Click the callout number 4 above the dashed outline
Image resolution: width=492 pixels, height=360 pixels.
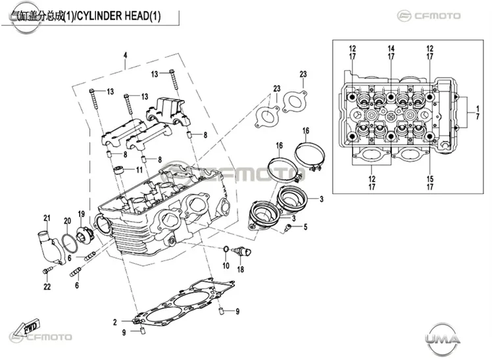(x=125, y=55)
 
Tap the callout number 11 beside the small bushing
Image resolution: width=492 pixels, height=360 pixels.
(x=139, y=170)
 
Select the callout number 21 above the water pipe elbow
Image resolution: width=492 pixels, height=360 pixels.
(x=47, y=218)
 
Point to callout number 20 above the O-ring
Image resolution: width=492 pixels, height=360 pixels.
(x=68, y=221)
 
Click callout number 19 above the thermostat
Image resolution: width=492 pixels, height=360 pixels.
(x=82, y=214)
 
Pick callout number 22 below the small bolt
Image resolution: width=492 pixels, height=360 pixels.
(x=47, y=286)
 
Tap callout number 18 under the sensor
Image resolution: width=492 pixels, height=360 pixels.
(x=240, y=269)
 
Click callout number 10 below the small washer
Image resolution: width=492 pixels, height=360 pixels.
(x=226, y=266)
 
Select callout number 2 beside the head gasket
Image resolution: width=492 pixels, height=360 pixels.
(x=115, y=322)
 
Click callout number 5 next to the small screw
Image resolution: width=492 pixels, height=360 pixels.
(x=306, y=226)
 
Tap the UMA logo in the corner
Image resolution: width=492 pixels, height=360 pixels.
(x=443, y=338)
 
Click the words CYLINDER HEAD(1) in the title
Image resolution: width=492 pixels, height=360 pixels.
(x=118, y=16)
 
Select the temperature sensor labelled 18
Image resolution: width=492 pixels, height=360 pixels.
(x=241, y=251)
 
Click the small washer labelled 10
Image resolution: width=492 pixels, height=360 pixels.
(x=226, y=249)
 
